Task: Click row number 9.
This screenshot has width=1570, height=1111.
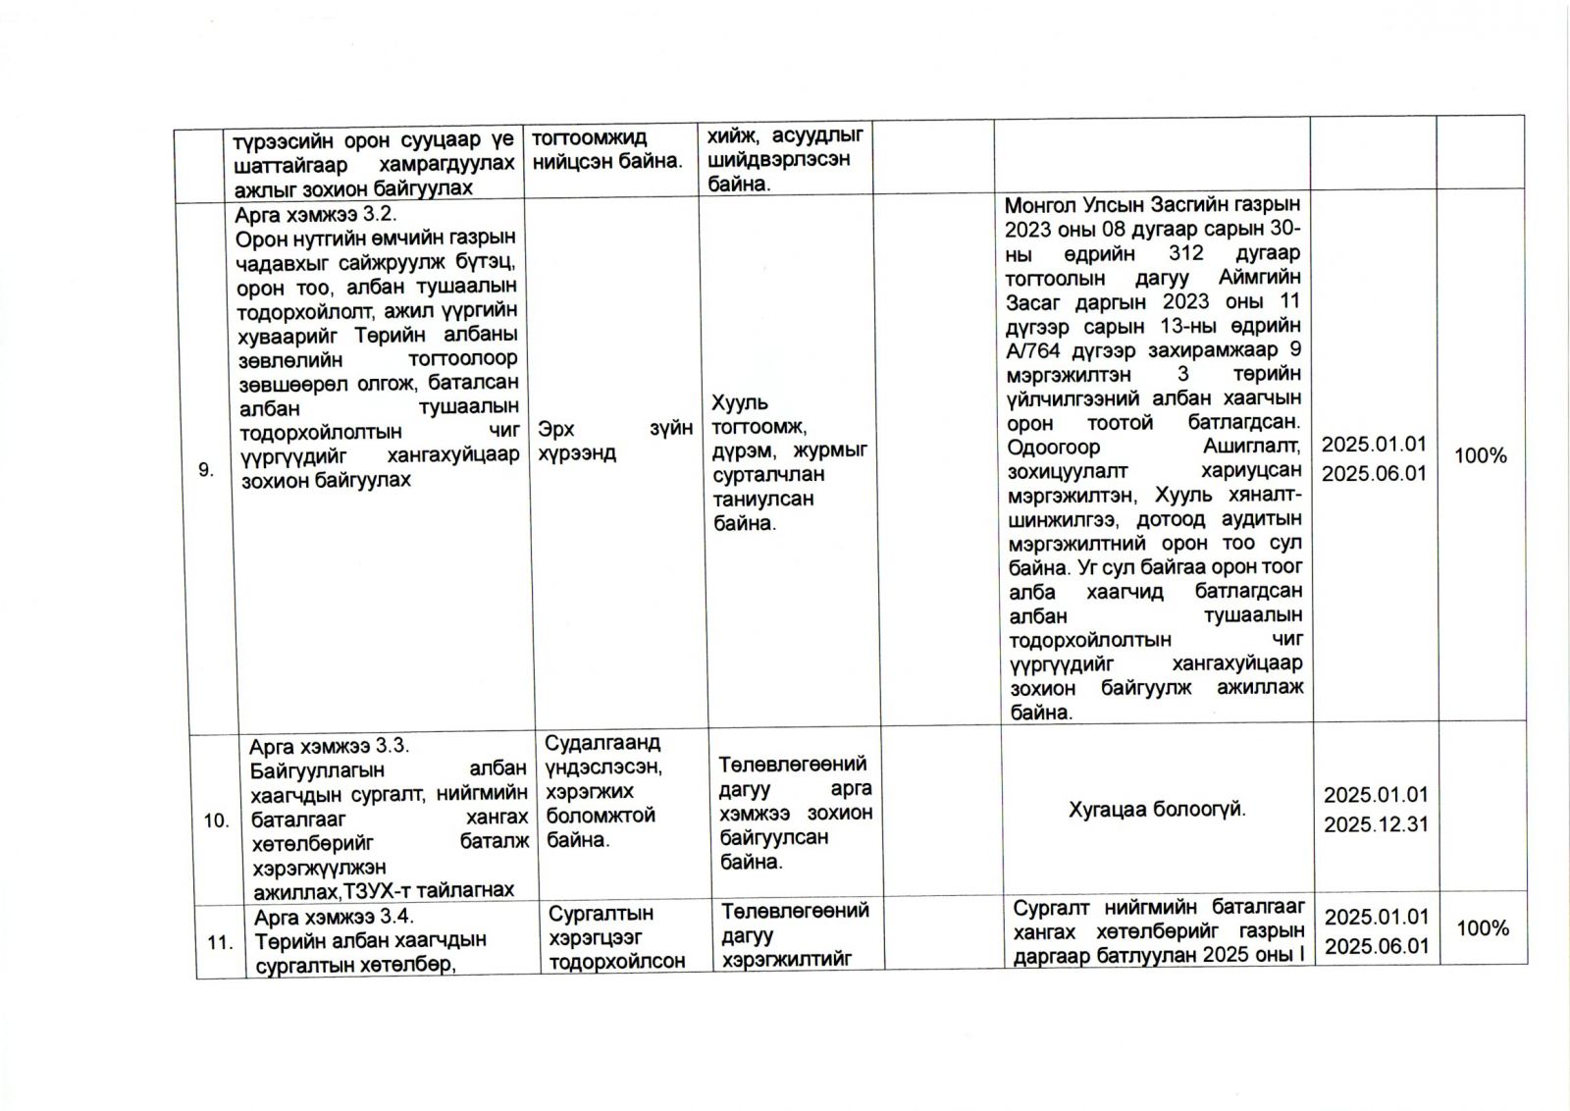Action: click(206, 470)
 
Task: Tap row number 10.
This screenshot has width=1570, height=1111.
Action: click(216, 820)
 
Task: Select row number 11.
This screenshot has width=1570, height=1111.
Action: click(220, 942)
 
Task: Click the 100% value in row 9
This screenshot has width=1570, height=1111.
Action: click(1480, 456)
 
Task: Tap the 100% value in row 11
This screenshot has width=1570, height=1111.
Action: click(1483, 928)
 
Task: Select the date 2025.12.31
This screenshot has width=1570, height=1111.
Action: click(1376, 824)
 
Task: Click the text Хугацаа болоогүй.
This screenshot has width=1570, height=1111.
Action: click(1157, 811)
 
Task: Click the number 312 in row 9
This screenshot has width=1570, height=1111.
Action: click(1168, 253)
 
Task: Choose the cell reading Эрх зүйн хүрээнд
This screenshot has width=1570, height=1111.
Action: click(615, 441)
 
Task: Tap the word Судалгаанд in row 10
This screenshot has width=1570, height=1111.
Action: click(602, 743)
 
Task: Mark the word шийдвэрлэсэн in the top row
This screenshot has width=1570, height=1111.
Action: click(779, 160)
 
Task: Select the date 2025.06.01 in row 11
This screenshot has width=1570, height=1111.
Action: click(1377, 946)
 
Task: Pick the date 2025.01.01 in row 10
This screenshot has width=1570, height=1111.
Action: click(1376, 795)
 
